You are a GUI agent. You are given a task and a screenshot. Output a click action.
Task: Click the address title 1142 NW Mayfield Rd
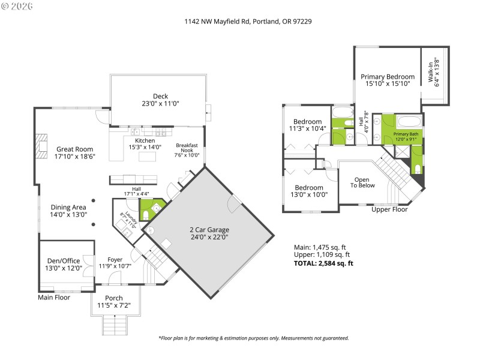tap(247, 21)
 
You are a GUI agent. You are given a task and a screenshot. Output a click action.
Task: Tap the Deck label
tap(160, 96)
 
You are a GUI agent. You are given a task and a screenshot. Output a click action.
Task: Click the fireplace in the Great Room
tap(40, 145)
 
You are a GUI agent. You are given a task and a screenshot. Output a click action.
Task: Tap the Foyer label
tap(115, 259)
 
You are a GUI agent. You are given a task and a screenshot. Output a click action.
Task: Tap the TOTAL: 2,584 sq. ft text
tap(323, 263)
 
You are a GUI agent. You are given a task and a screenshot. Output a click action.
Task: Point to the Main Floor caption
tap(54, 297)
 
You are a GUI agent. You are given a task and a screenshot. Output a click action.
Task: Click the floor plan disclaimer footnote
tap(253, 338)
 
